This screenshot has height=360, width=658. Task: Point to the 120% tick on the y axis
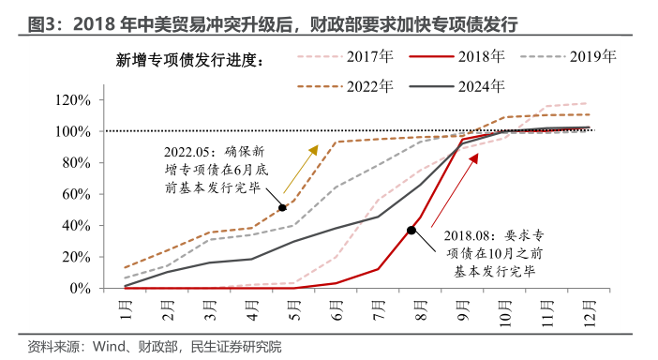[72, 100]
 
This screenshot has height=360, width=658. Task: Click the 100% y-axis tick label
[72, 131]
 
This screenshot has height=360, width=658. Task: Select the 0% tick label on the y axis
[79, 288]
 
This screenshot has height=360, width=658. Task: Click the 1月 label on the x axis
[125, 307]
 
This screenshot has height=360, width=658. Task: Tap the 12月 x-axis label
[588, 308]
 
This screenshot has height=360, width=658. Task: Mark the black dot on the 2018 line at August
[411, 230]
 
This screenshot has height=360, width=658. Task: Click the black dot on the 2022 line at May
[282, 207]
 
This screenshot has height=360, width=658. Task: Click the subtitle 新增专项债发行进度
[189, 61]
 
